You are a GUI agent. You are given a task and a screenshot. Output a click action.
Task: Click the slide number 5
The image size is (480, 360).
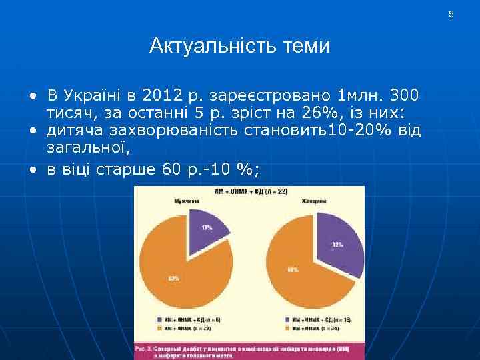coord(451,15)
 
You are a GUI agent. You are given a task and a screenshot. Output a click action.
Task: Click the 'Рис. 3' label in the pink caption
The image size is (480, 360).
coord(145,348)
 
